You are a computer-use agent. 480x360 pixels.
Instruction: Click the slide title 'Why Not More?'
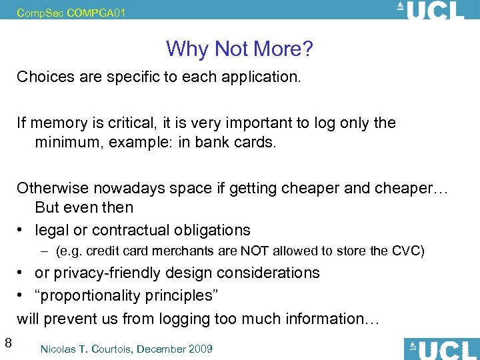[x=240, y=49]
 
